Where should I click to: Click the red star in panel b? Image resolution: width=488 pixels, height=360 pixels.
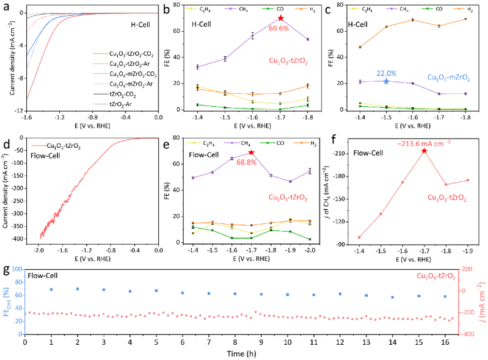pyautogui.click(x=280, y=18)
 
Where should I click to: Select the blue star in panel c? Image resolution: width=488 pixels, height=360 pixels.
pyautogui.click(x=385, y=81)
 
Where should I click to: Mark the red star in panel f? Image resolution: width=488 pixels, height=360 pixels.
pyautogui.click(x=424, y=151)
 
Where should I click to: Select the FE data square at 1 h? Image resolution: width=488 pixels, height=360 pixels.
pyautogui.click(x=51, y=289)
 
